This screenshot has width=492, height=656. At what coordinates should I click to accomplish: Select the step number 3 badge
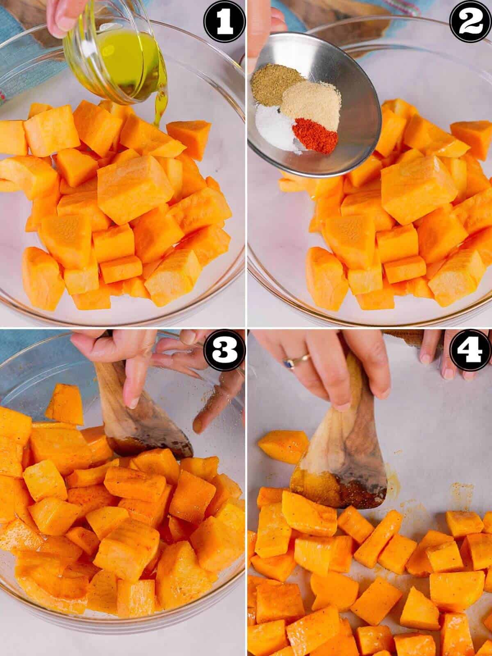[x=224, y=351]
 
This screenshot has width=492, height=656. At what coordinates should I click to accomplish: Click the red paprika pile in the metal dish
[x=315, y=135]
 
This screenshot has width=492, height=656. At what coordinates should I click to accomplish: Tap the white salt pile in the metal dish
[x=274, y=127]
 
